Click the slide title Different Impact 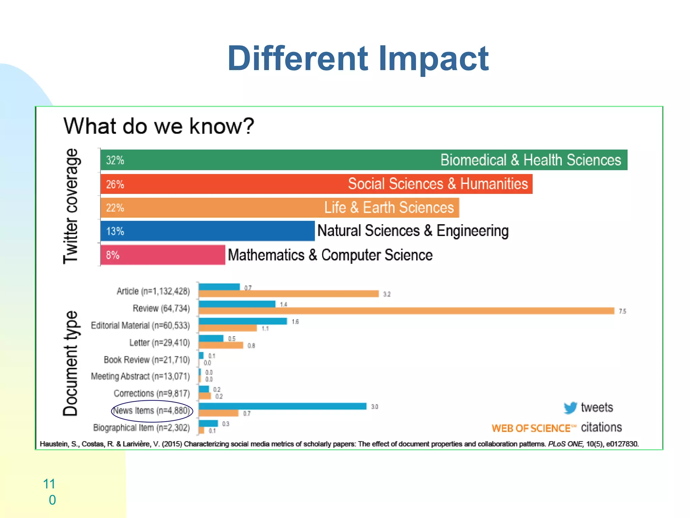click(358, 59)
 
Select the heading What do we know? click(158, 126)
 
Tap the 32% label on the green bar click(115, 160)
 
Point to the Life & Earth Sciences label click(389, 207)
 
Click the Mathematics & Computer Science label click(330, 255)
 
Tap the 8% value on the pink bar click(113, 255)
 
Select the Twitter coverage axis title click(71, 206)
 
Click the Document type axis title click(71, 363)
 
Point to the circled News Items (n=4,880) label click(152, 411)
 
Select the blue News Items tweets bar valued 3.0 click(282, 406)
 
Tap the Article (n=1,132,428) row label click(153, 291)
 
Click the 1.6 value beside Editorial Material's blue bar click(295, 322)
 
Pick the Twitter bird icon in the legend click(570, 408)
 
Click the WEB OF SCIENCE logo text click(531, 428)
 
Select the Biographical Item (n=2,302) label click(142, 428)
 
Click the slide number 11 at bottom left click(49, 484)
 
